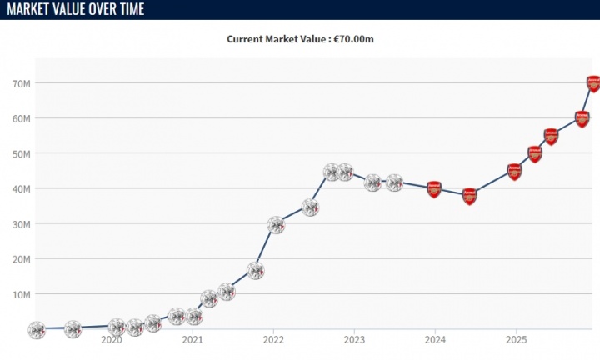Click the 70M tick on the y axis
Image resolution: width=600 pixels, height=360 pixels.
coord(22,83)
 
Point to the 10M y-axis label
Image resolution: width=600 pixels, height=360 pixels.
coord(22,294)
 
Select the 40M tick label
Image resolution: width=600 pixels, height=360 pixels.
coord(22,188)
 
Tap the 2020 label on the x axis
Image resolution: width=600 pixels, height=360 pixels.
coord(112,340)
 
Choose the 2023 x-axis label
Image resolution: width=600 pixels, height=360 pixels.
coord(354,340)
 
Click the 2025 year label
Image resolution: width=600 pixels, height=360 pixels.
coord(516,340)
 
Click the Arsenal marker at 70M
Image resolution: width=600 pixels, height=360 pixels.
coord(592,83)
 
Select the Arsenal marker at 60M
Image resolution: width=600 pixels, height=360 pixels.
coord(582,118)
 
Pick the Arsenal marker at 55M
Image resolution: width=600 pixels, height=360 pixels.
coord(551,136)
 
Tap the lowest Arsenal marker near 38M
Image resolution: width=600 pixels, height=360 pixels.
coord(469,197)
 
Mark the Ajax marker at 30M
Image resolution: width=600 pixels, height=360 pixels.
coord(275,224)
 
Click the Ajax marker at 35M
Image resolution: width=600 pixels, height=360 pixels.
coord(310,207)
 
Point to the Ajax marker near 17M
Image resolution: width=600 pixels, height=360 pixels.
coord(256,270)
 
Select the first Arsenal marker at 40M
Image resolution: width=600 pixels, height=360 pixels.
coord(433,189)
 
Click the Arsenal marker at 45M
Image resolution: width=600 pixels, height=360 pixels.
coord(514,172)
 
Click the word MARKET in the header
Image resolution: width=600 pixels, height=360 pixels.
coord(30,9)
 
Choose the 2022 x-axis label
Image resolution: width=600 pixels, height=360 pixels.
coord(273,340)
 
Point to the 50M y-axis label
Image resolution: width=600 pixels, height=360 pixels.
coord(22,153)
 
